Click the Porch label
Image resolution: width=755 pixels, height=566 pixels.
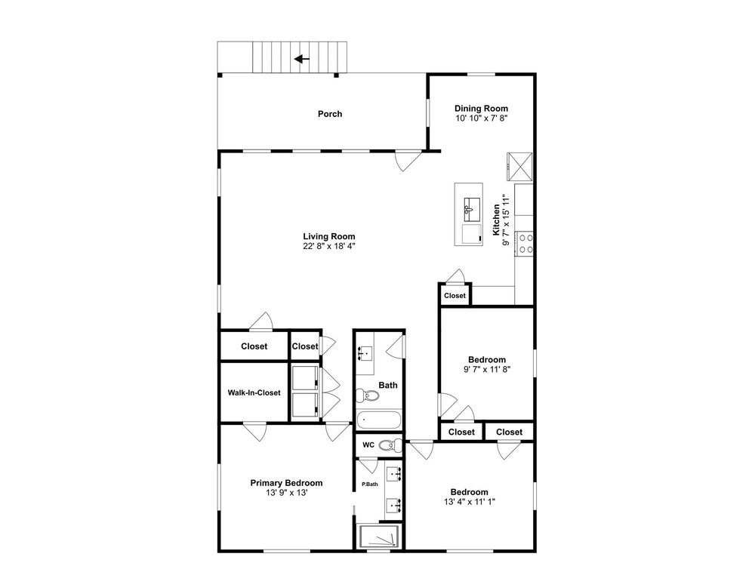coord(330,114)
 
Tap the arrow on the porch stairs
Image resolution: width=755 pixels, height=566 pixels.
coord(302,59)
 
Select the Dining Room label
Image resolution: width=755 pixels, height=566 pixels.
coord(481,108)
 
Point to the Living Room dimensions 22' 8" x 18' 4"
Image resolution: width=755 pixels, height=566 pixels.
coord(329,246)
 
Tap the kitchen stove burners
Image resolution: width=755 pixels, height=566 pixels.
coord(525,244)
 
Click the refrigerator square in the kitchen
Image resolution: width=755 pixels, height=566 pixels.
coord(520,166)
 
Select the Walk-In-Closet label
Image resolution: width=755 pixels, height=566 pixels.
coord(254,392)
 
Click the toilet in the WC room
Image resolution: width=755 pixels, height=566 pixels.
coord(390,445)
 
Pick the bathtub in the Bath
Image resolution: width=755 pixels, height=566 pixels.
coord(379,420)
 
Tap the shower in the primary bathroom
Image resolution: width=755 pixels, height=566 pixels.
coord(380,536)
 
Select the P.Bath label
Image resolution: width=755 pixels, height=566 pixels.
coord(370,484)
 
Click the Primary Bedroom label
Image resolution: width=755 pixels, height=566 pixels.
coord(286,483)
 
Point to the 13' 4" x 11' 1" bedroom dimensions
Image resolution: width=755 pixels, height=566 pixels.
coord(470,502)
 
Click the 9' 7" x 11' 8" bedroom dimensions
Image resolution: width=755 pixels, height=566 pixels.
coord(487,369)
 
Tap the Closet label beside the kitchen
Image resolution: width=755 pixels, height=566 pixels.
coord(455,296)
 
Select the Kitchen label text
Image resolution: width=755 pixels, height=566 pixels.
coord(496,220)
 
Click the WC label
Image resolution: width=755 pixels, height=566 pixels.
coord(368,445)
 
